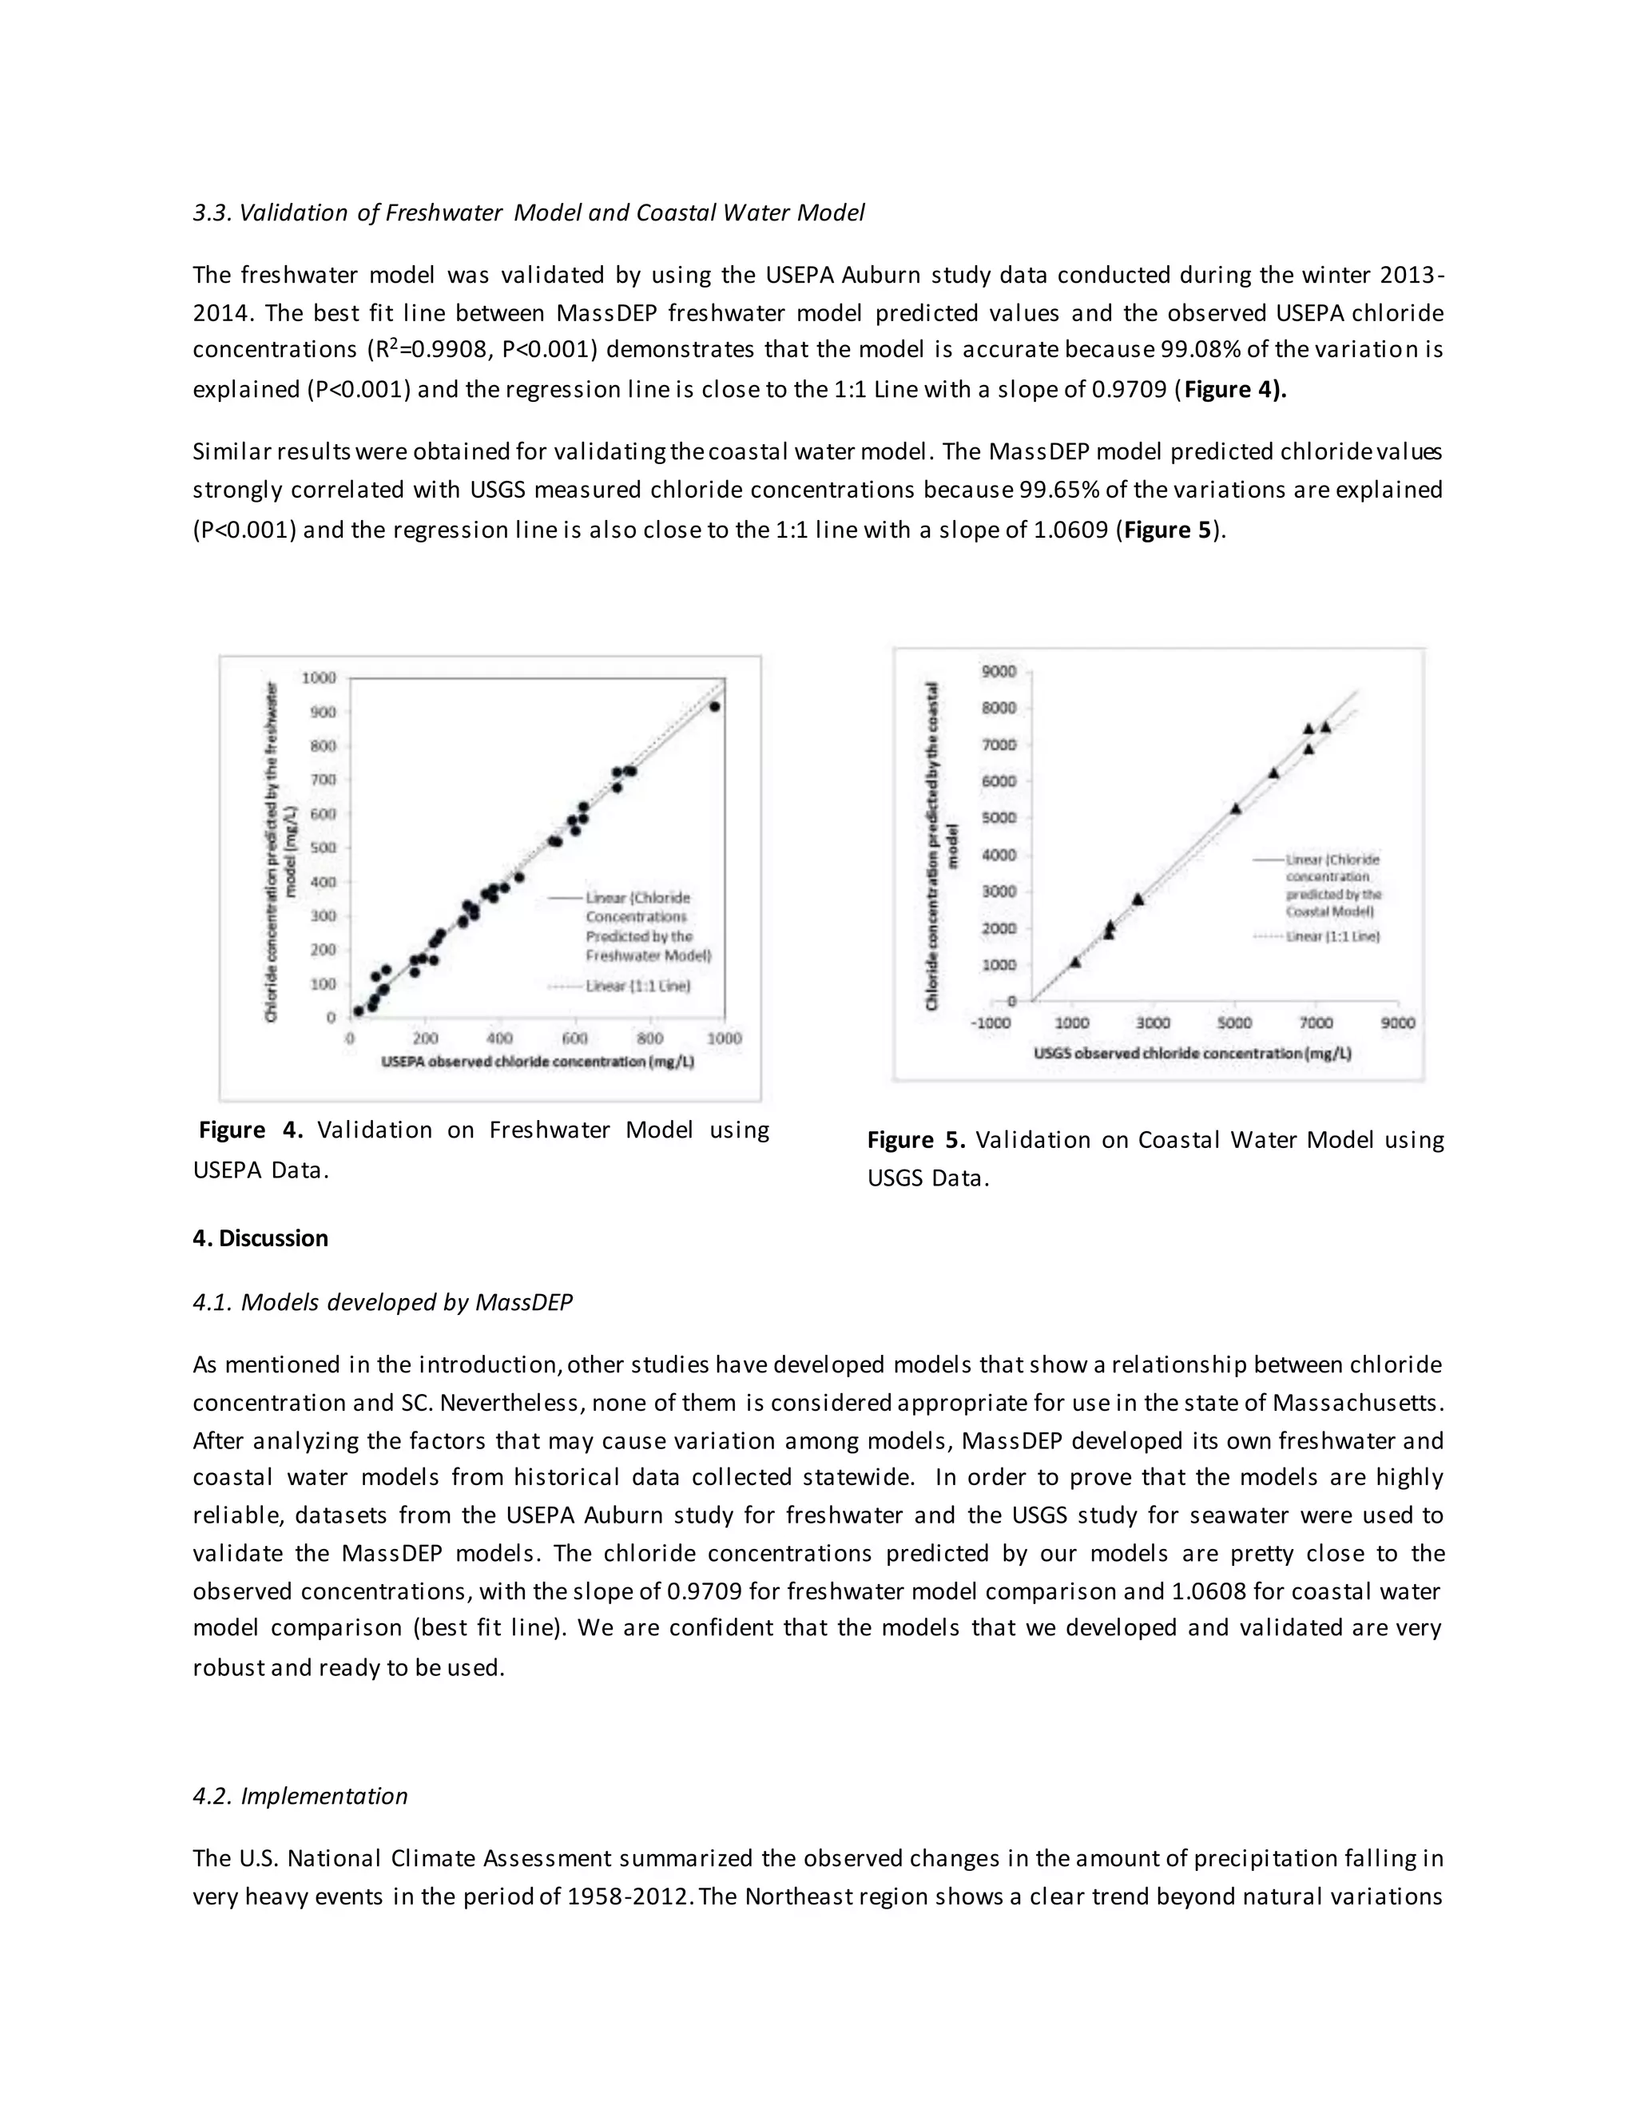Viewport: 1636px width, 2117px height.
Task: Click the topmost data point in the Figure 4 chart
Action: (x=714, y=707)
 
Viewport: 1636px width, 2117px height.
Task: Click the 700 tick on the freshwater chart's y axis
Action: (x=323, y=780)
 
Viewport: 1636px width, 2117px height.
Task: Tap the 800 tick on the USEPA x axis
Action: (x=649, y=1039)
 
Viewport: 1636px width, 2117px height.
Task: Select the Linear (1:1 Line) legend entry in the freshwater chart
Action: (x=637, y=986)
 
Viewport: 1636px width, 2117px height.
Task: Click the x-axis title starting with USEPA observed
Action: (x=537, y=1062)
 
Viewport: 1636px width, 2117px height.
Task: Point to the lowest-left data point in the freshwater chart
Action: (x=358, y=1011)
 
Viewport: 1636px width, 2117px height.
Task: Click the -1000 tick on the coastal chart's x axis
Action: (x=991, y=1023)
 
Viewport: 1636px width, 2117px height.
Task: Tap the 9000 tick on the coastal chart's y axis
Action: (x=999, y=671)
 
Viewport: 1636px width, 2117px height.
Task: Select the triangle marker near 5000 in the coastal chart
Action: (x=1236, y=808)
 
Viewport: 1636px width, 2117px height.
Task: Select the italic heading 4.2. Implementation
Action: (x=300, y=1795)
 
